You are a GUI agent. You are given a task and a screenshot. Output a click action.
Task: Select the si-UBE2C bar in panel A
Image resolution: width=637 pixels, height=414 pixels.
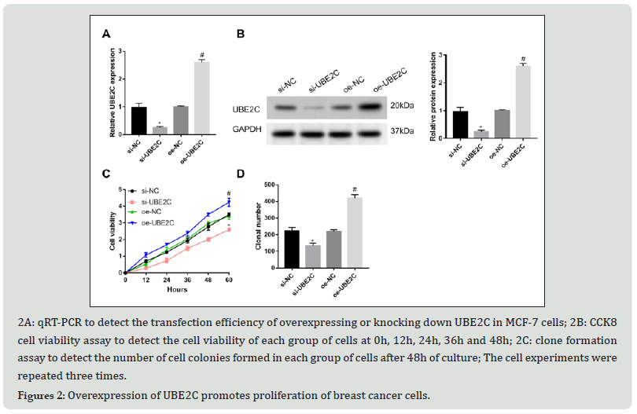tap(160, 130)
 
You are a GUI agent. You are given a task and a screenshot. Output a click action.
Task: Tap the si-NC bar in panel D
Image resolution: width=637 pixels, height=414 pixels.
tap(291, 249)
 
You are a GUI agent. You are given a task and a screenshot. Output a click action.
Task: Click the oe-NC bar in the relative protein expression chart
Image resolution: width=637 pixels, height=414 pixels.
tap(501, 123)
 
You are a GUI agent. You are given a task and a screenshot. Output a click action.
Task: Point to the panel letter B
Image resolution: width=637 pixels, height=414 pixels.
tap(241, 34)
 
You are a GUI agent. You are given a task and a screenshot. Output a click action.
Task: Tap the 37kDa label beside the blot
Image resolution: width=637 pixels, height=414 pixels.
tap(402, 130)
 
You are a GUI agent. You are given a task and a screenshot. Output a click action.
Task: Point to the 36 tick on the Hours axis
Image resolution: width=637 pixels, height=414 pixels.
tap(187, 280)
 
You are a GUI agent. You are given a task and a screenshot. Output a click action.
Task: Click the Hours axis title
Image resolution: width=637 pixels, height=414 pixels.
tap(176, 289)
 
